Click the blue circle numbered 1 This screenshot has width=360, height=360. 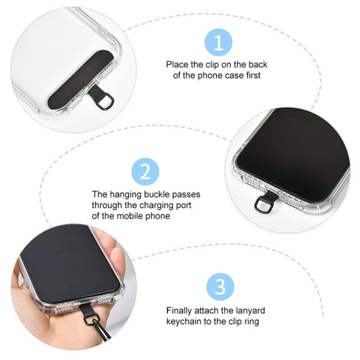pyautogui.click(x=218, y=42)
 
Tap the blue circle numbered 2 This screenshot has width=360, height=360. pyautogui.click(x=145, y=171)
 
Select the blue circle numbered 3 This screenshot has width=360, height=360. pyautogui.click(x=220, y=287)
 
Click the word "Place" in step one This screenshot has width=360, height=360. pyautogui.click(x=177, y=64)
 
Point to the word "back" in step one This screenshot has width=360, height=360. pyautogui.click(x=258, y=64)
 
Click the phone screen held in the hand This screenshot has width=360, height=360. pyautogui.click(x=70, y=263)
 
